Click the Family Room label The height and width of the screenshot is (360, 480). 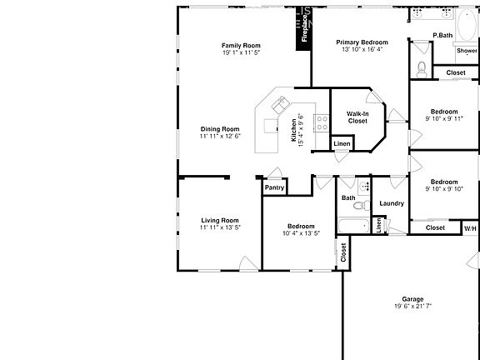[241, 45]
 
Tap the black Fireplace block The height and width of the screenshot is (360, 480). [305, 30]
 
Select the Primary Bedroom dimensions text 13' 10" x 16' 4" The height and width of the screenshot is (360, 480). [362, 49]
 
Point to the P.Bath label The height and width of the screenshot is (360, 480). [442, 35]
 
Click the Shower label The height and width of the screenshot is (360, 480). [466, 51]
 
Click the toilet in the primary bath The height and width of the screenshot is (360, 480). [422, 68]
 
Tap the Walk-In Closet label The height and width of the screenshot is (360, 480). [357, 117]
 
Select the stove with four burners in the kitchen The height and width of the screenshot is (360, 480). [322, 121]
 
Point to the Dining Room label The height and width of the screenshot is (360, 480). [220, 129]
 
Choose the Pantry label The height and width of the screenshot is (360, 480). [274, 187]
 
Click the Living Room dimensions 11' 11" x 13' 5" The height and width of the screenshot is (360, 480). [220, 227]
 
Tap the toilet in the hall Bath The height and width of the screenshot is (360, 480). [359, 204]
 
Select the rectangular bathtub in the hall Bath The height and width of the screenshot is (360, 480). [352, 225]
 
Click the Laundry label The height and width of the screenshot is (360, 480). [392, 203]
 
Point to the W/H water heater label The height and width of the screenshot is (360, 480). [470, 227]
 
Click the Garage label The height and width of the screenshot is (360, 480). [412, 299]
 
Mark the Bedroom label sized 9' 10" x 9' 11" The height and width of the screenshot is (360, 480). [443, 112]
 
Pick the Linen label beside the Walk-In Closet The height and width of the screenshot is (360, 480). [341, 144]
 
